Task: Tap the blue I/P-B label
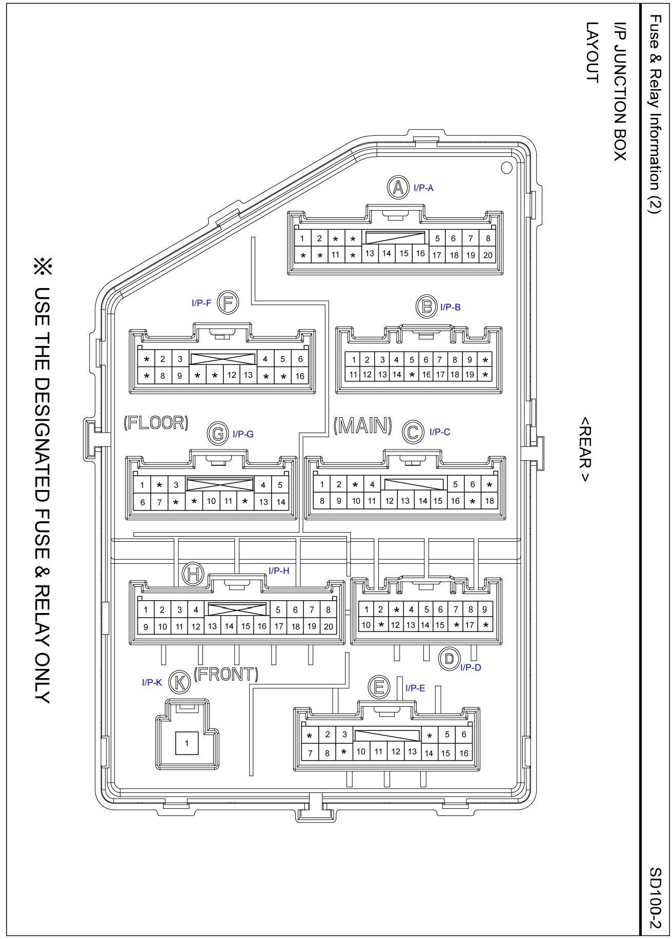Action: [x=451, y=308]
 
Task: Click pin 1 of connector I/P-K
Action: [x=187, y=743]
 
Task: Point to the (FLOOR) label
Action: [x=156, y=423]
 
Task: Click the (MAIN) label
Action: [x=363, y=426]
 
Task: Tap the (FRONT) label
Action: [x=226, y=674]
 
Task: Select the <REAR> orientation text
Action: [x=584, y=448]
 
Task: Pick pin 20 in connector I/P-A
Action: [x=487, y=255]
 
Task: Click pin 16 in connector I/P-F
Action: [x=300, y=376]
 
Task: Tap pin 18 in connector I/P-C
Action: [x=490, y=501]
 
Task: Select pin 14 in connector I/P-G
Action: [x=280, y=502]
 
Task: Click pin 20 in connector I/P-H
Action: [x=328, y=626]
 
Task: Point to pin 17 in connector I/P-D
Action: [x=470, y=625]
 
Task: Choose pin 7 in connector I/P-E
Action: [x=310, y=753]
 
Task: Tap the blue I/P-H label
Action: [x=279, y=571]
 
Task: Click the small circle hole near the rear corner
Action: [x=506, y=167]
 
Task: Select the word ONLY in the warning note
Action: [x=41, y=677]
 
